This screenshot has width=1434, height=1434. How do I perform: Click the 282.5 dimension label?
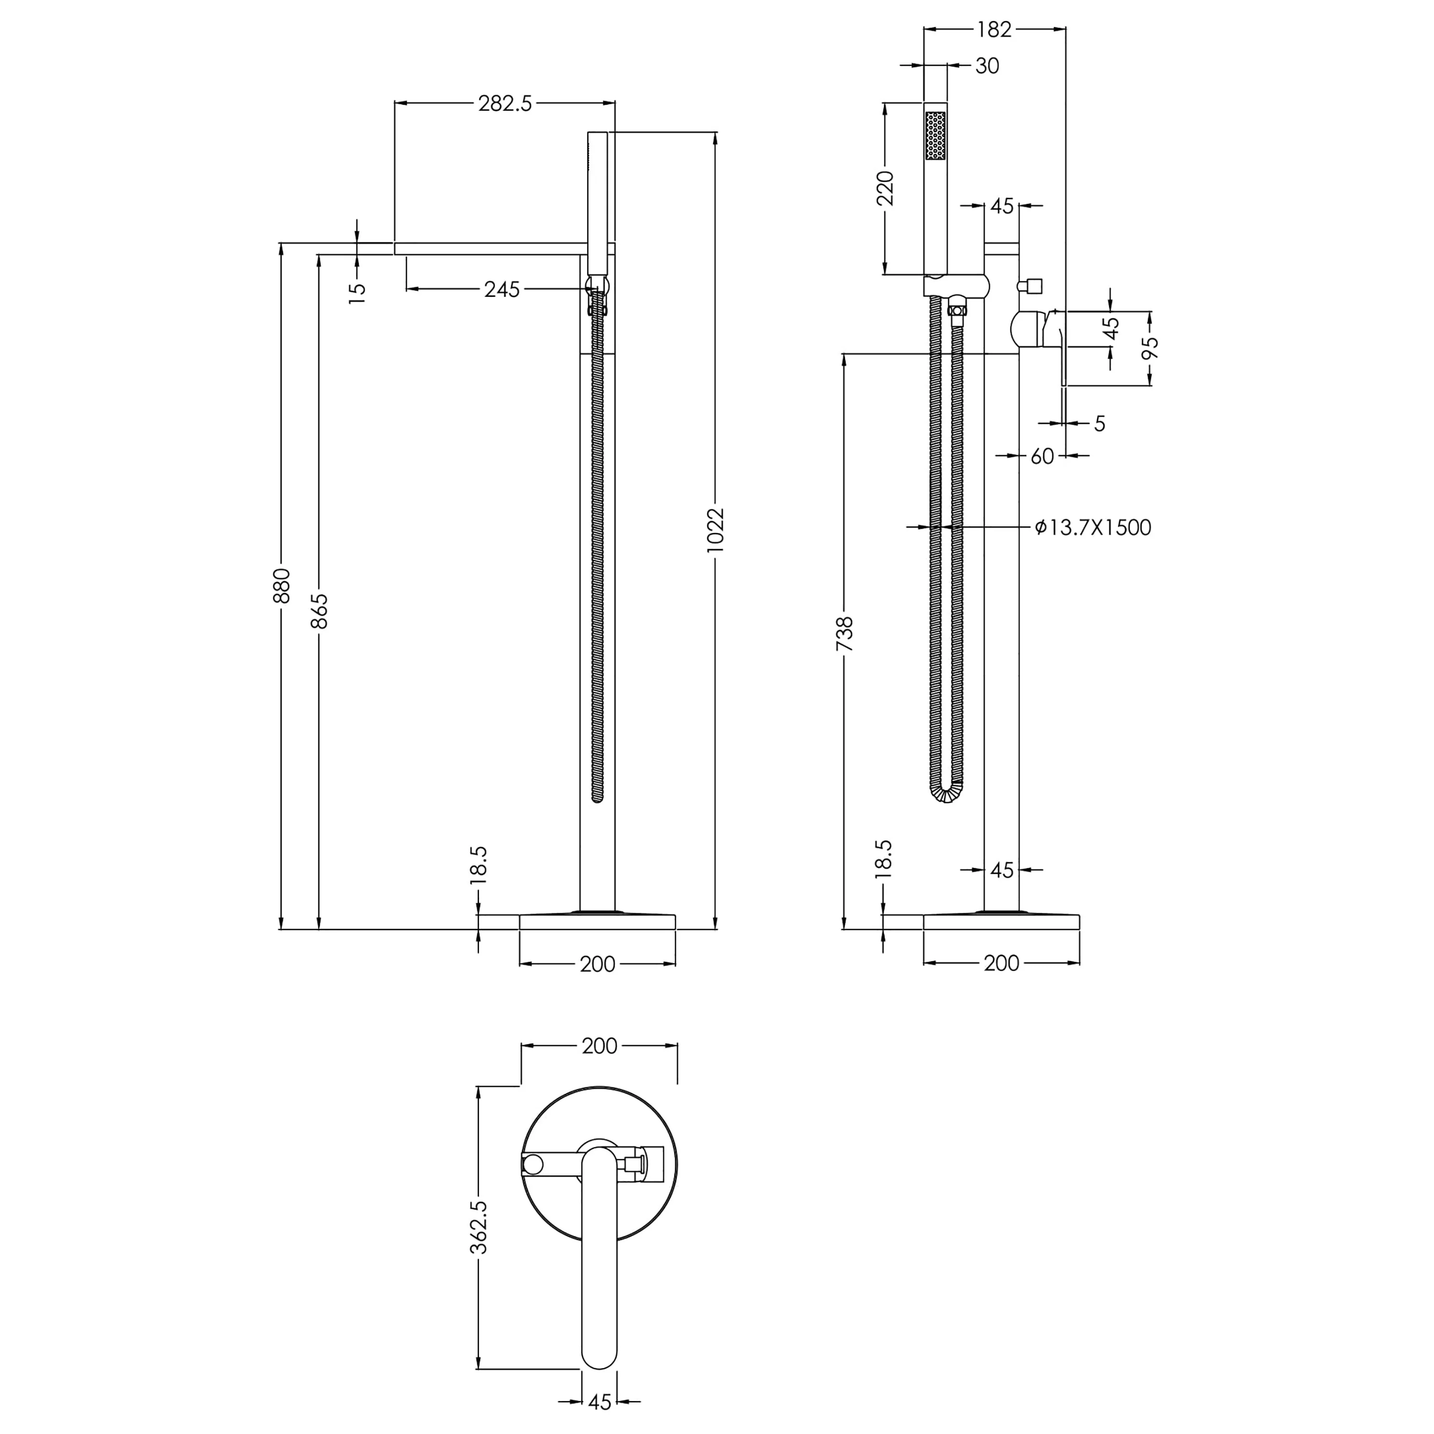[505, 103]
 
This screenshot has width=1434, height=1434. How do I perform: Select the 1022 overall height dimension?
[714, 530]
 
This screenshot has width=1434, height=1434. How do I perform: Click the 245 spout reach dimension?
[502, 290]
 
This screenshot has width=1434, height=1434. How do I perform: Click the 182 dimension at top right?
[994, 29]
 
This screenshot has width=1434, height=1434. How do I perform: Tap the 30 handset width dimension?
[987, 66]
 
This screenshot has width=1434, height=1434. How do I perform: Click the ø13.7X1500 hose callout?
[1093, 528]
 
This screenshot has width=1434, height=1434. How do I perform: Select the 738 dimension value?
[845, 634]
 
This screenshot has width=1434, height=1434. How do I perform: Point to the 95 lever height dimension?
[1150, 348]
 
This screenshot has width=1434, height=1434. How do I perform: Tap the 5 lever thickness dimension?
[1099, 423]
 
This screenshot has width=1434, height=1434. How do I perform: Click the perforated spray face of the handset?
[935, 135]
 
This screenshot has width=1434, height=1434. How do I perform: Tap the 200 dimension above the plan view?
[599, 1046]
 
